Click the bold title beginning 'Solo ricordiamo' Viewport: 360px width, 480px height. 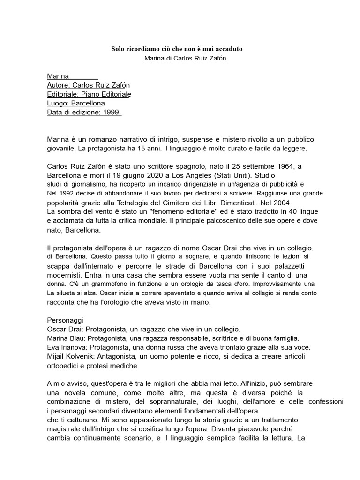(177, 49)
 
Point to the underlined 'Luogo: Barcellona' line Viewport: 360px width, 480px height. (76, 103)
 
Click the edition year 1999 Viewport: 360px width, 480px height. (112, 112)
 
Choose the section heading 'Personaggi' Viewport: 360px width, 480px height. (65, 320)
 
